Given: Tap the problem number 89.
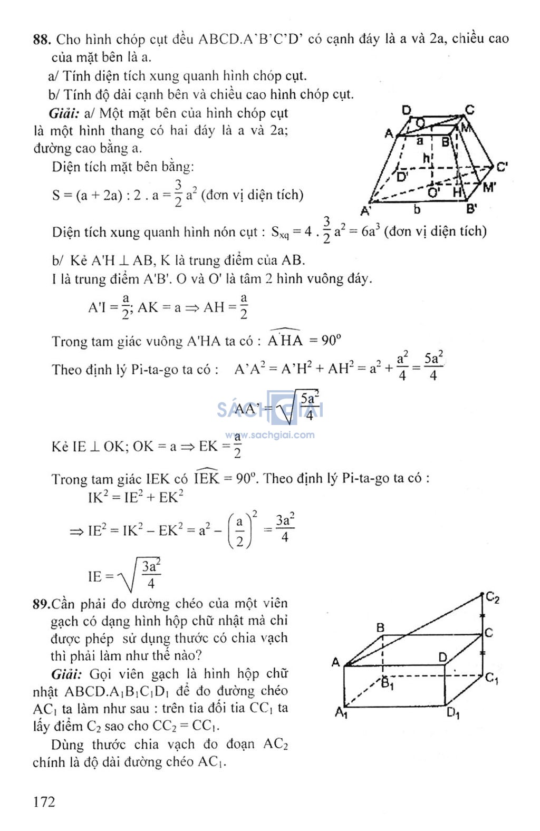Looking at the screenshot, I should [x=41, y=604].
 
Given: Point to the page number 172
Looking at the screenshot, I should [x=44, y=801].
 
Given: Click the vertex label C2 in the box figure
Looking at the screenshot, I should [x=493, y=598].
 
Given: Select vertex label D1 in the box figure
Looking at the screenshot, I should [x=453, y=714].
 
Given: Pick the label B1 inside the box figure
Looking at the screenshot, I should [x=388, y=684].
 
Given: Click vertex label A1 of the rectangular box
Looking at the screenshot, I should [x=341, y=713].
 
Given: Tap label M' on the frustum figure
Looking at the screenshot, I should [x=489, y=187].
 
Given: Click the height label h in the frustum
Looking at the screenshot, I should [x=427, y=158].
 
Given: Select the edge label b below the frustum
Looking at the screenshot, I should [x=417, y=210].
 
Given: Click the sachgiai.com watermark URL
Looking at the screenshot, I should [x=270, y=435].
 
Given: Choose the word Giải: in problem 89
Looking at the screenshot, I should [x=66, y=674].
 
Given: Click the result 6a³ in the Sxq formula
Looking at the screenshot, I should [x=371, y=231].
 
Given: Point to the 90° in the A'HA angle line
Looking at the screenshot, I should [x=332, y=341].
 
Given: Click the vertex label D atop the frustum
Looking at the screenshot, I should [x=407, y=110].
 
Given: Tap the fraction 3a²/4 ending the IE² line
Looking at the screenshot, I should [x=285, y=528].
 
